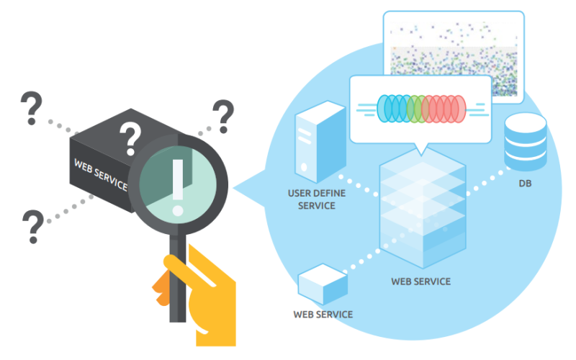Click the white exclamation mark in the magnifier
tap(176, 181)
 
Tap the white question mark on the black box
tap(130, 138)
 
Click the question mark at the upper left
tap(31, 108)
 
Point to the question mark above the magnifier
tap(223, 115)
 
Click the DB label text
tap(526, 184)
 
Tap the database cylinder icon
tap(526, 141)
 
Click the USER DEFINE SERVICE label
tap(312, 199)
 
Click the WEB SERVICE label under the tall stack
tap(420, 281)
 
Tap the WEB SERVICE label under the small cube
tap(323, 315)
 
